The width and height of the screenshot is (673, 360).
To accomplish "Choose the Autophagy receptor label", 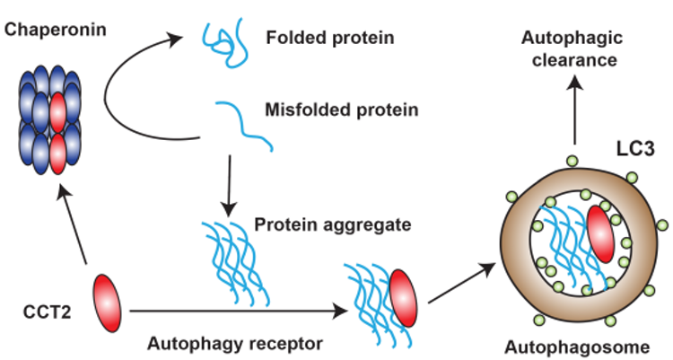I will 236,342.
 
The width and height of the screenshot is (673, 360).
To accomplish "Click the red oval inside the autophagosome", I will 600,237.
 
